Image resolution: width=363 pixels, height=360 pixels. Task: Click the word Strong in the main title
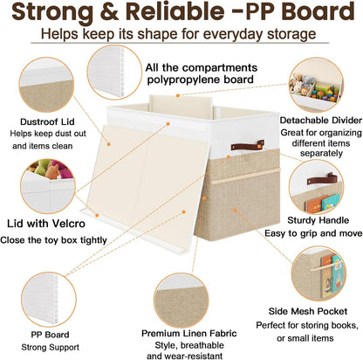[x=52, y=11]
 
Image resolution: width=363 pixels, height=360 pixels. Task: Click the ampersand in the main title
[x=109, y=11]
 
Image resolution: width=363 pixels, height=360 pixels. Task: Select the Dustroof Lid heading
[x=47, y=121]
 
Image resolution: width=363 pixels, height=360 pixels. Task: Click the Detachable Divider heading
[x=321, y=121]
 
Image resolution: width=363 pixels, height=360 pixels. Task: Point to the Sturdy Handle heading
[x=318, y=220]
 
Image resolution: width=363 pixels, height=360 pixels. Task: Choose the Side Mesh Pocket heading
[x=308, y=311]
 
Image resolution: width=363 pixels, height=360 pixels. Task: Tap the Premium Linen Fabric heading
[x=189, y=333]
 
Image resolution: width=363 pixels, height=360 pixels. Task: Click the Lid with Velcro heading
[x=46, y=224]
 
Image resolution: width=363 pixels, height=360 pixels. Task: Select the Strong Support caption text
[x=50, y=347]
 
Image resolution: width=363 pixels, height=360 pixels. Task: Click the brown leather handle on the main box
[x=248, y=145]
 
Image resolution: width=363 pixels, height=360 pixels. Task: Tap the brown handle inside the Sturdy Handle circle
[x=322, y=179]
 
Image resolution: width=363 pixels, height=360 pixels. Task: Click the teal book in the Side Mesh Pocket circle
[x=337, y=274]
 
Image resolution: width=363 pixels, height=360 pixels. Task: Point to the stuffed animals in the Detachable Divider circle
[x=302, y=84]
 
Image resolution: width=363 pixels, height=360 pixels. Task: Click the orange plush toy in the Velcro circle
[x=52, y=172]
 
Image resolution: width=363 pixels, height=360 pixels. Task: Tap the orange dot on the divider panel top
[x=178, y=95]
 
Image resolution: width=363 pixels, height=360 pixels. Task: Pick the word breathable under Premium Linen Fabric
[x=202, y=345]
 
